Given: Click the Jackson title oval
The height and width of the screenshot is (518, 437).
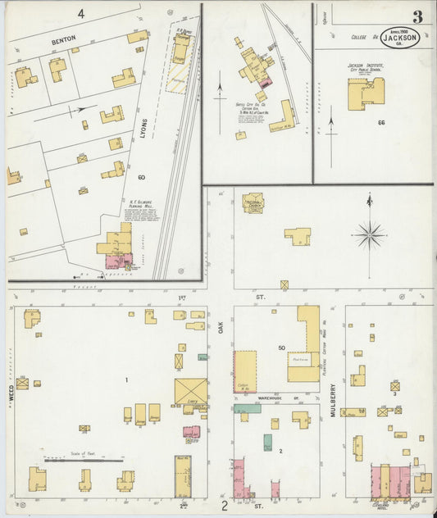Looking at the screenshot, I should (400, 39).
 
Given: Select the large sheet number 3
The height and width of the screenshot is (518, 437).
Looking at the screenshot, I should (417, 16).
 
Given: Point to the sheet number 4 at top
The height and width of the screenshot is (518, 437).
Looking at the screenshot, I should (81, 14).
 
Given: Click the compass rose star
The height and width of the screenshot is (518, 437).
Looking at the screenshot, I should (370, 236).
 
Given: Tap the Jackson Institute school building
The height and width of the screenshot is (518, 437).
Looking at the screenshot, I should (364, 93).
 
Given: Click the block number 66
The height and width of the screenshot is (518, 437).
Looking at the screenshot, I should (381, 123).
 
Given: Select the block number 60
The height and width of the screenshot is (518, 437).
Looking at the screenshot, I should (142, 177).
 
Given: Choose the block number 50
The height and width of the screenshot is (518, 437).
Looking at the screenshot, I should (280, 348).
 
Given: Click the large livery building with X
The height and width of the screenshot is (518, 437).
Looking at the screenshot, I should (190, 392).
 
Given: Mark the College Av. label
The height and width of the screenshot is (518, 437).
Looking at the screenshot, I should (363, 37).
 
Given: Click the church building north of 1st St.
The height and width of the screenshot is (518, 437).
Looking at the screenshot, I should (253, 202).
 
